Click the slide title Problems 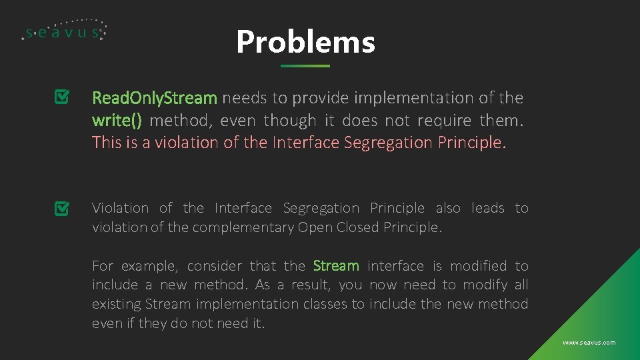(x=305, y=42)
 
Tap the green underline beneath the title (x=305, y=66)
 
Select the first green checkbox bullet (x=61, y=98)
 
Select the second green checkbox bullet (x=61, y=209)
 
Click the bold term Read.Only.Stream (x=155, y=98)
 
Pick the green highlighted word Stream (x=336, y=266)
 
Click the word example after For (x=148, y=266)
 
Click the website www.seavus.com (x=589, y=343)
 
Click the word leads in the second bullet (x=487, y=208)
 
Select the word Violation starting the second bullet (x=120, y=208)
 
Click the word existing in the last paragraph (x=116, y=304)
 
